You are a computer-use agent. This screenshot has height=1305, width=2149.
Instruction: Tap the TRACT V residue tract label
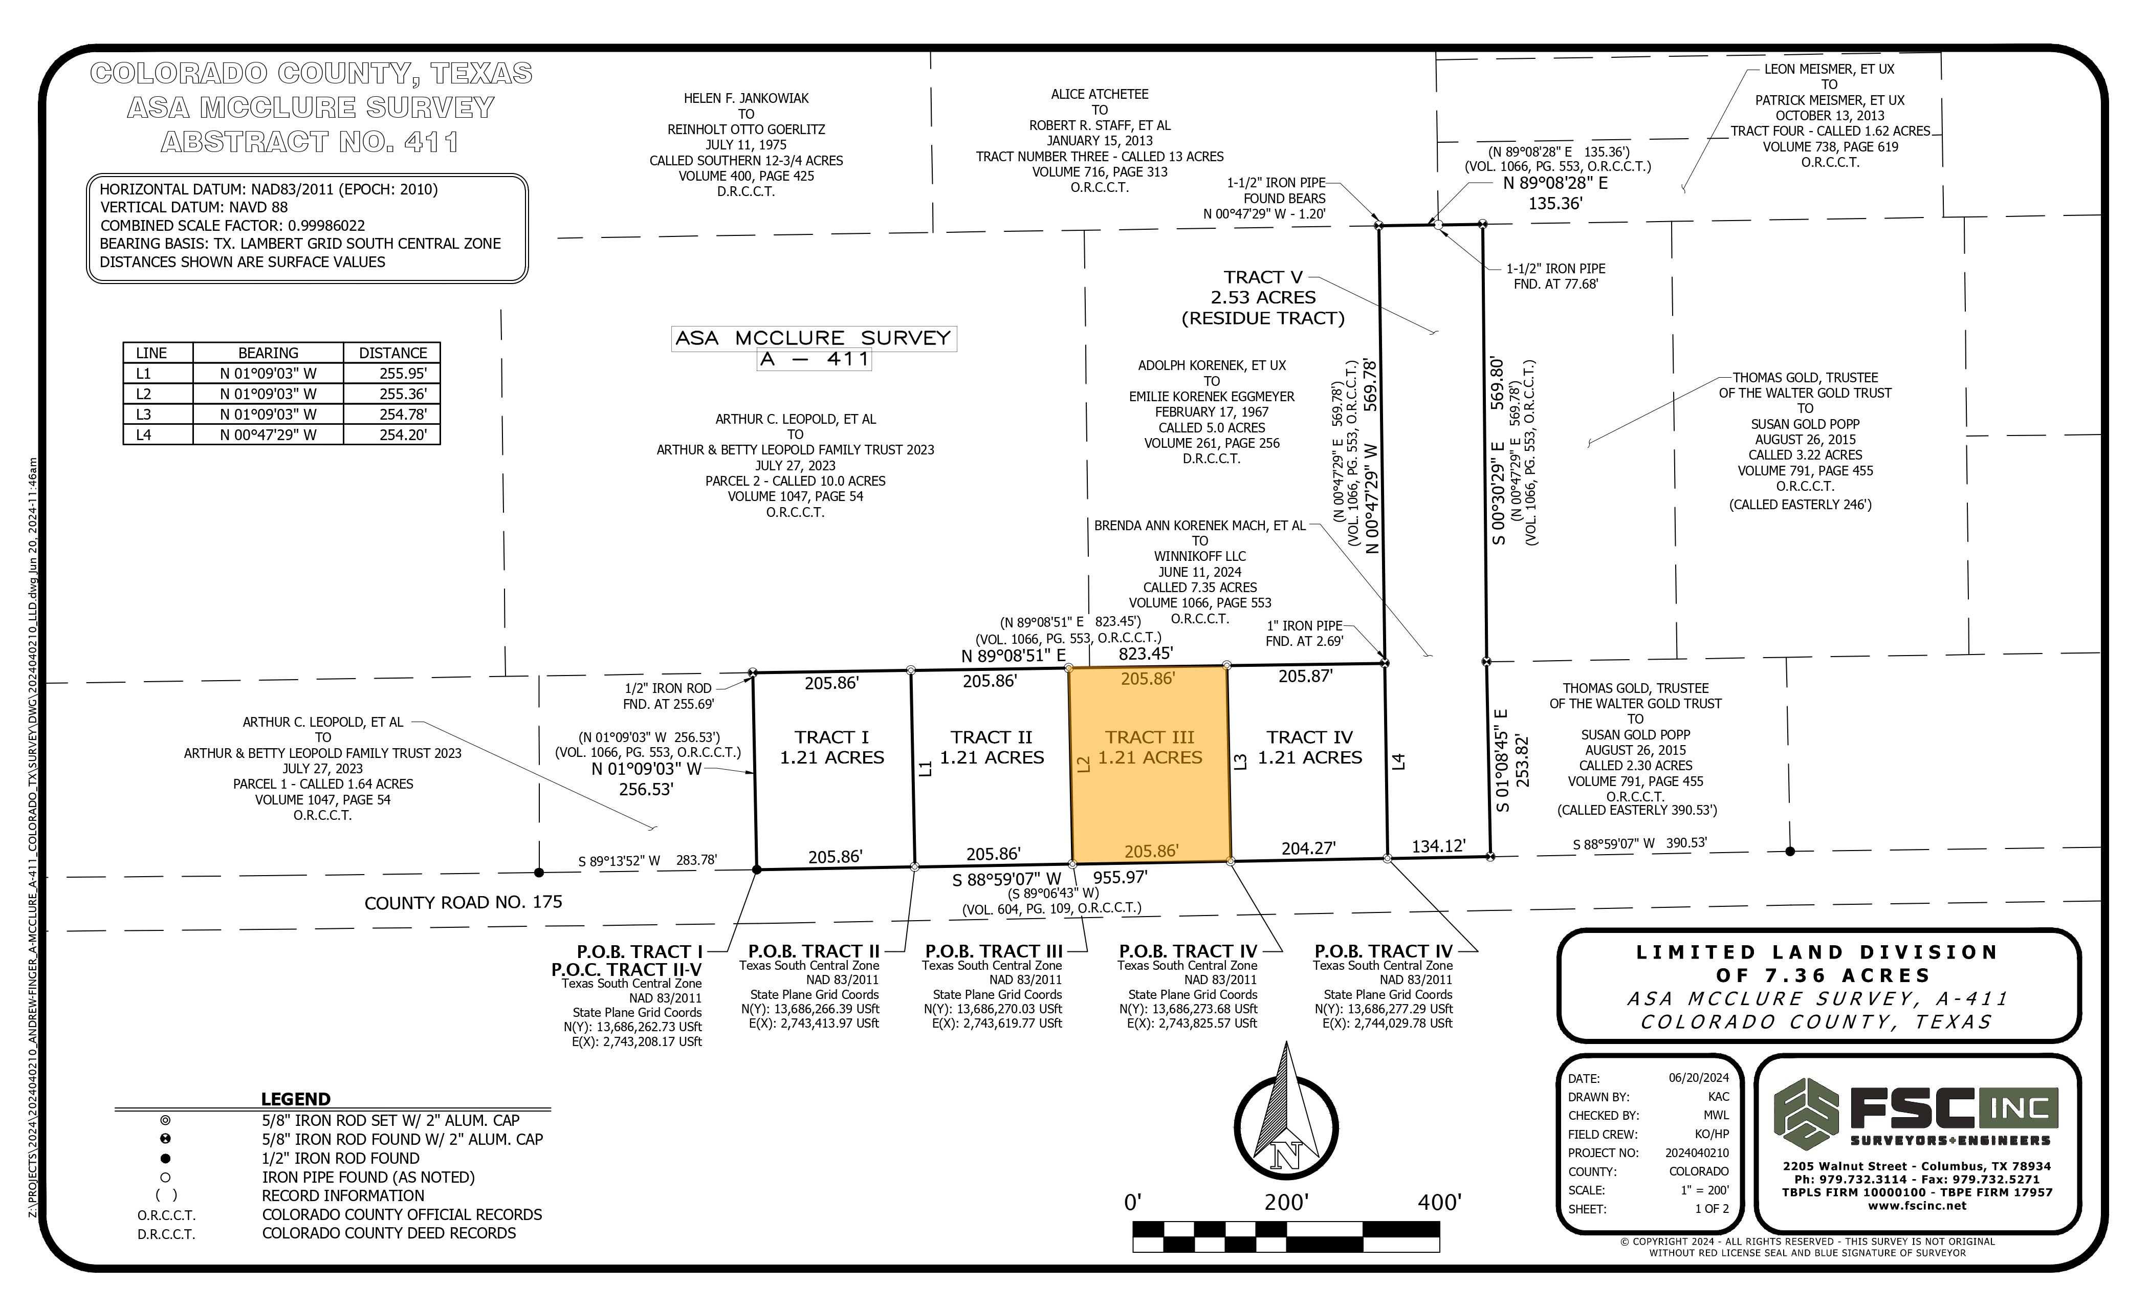1263,297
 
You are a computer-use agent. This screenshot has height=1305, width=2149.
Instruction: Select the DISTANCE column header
392,353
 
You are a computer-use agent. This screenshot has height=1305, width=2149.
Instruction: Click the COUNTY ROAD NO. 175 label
463,902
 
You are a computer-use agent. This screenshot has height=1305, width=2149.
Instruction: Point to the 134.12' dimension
1438,846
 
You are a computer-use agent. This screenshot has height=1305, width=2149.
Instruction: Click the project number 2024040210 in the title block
1696,1152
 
